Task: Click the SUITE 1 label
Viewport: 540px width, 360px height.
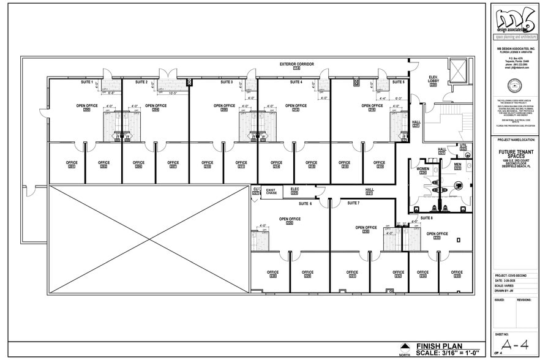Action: click(x=87, y=82)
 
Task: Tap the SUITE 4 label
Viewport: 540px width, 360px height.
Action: click(x=296, y=82)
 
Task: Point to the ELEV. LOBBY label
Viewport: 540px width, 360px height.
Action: click(x=433, y=80)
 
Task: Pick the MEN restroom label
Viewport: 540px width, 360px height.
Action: click(x=457, y=165)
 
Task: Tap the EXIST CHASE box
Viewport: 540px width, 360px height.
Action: click(x=271, y=192)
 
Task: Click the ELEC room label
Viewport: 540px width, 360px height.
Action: click(x=294, y=191)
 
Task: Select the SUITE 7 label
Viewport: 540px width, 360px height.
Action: click(x=353, y=203)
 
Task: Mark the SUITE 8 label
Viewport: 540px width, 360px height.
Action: click(x=426, y=217)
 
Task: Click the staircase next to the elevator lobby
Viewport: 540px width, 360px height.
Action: click(x=450, y=122)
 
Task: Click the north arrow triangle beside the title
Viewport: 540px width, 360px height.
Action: click(x=404, y=345)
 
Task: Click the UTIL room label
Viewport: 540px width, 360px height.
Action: click(x=463, y=148)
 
